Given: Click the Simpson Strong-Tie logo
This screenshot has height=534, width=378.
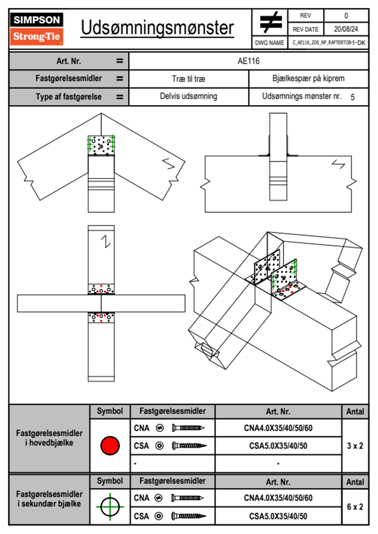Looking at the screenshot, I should [x=37, y=29].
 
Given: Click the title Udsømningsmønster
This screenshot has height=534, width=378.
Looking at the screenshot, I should [x=157, y=28].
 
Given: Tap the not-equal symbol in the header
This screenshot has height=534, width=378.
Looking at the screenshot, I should [x=271, y=22].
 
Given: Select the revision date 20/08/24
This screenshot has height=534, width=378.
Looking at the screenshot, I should [x=346, y=29].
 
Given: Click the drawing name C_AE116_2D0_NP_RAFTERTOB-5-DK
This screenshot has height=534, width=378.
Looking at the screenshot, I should [x=328, y=43].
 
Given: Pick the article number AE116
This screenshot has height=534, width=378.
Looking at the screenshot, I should [x=248, y=61].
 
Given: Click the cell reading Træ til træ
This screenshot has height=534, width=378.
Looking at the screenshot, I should [x=188, y=79].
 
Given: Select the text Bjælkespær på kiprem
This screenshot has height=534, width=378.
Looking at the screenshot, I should [x=308, y=78].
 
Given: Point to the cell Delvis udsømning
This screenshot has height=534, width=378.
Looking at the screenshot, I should [x=188, y=96].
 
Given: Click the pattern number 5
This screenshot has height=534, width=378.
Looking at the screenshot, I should [x=353, y=97].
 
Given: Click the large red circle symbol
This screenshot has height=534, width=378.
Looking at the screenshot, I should [x=110, y=445].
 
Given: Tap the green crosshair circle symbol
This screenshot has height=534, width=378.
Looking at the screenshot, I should [x=110, y=507].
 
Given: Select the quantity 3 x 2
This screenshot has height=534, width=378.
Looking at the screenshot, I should [x=355, y=446].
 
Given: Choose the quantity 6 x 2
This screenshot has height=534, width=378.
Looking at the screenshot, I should [x=355, y=507].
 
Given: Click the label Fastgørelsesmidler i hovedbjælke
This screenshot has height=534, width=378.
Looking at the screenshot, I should [x=49, y=438].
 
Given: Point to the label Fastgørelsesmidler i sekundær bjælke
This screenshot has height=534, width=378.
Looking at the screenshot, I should [x=49, y=499].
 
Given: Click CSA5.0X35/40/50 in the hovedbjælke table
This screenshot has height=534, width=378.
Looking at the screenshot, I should [x=278, y=446].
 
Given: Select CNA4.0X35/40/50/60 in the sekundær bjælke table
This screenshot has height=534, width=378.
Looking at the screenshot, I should [x=278, y=498].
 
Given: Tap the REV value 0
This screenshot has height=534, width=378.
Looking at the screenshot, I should [x=346, y=16].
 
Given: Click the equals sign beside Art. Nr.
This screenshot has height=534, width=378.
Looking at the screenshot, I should [x=119, y=61].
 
